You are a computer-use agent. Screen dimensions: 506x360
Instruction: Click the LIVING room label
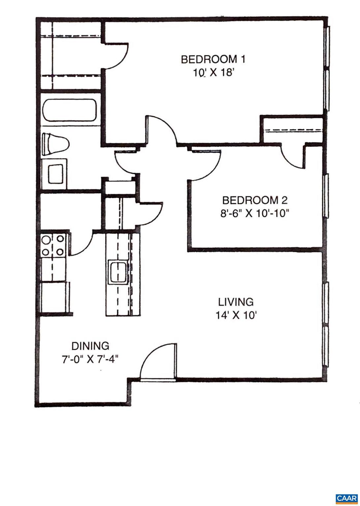[x=236, y=302]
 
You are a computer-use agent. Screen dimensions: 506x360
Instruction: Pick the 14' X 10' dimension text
[x=236, y=316]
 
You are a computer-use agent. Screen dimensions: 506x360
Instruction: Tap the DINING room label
[x=90, y=346]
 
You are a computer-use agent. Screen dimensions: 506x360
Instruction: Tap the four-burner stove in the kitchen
[x=53, y=245]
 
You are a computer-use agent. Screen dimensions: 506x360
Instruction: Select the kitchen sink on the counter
[x=117, y=272]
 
